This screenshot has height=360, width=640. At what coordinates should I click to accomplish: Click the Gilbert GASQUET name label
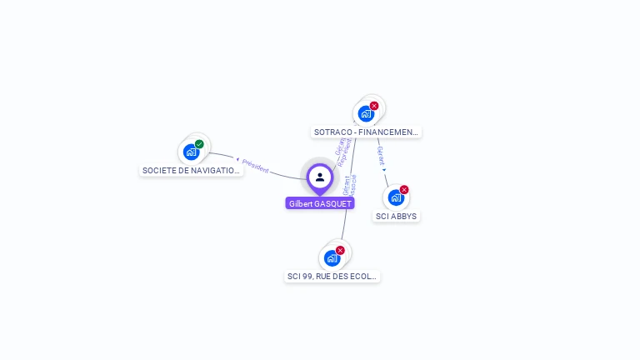tap(320, 203)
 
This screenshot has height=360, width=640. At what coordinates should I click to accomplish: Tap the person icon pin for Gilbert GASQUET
tap(320, 177)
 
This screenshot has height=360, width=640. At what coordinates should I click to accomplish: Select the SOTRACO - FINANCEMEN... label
tap(367, 132)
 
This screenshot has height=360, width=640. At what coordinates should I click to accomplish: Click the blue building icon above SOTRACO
tap(365, 114)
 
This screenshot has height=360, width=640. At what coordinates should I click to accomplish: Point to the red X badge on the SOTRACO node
tap(374, 106)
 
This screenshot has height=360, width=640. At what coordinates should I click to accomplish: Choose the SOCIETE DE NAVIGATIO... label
tap(192, 171)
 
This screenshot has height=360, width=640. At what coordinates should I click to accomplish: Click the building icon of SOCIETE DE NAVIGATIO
tap(191, 152)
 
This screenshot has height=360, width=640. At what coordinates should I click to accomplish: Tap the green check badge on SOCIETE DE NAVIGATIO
tap(200, 144)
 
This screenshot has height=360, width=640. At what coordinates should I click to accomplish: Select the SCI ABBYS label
tap(396, 217)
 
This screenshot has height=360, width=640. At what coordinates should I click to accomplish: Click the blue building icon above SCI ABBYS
tap(395, 197)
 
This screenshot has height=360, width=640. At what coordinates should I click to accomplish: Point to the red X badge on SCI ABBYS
tap(404, 189)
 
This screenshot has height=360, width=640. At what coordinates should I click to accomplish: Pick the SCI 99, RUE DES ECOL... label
tap(332, 276)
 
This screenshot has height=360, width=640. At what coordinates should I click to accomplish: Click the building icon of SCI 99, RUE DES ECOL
tap(332, 258)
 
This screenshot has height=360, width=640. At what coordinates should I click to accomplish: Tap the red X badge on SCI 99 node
tap(340, 250)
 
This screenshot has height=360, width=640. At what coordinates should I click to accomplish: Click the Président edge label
tap(256, 166)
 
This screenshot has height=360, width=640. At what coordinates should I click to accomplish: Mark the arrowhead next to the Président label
tap(237, 159)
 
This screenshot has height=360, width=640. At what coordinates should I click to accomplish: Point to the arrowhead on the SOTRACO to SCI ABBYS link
tap(384, 170)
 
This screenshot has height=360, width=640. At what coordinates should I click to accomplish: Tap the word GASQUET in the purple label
tap(333, 203)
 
